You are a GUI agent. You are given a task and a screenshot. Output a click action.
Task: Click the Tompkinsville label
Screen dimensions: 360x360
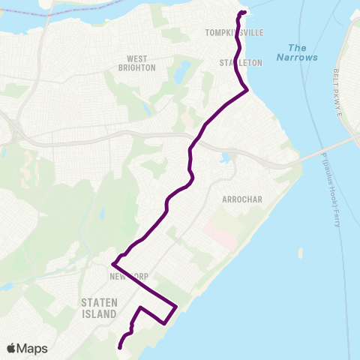point(231,33)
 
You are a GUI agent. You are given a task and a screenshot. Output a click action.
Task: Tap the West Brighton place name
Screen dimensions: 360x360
point(141,63)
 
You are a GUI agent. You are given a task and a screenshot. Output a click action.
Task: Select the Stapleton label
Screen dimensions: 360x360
point(241,63)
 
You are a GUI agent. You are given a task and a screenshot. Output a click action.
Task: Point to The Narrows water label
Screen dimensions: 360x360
point(297,52)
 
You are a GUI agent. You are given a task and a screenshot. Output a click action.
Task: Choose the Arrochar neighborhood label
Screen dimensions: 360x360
point(241,199)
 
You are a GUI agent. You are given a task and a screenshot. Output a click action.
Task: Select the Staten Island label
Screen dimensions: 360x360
point(99,308)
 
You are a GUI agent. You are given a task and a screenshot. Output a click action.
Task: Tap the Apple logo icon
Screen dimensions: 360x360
point(12,349)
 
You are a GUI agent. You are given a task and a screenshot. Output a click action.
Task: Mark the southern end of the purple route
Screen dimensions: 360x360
point(119,346)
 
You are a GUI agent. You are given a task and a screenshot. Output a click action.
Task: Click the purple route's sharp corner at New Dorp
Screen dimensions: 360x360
point(112,264)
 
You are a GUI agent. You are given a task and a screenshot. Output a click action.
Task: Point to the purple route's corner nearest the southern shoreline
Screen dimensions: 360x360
point(175,306)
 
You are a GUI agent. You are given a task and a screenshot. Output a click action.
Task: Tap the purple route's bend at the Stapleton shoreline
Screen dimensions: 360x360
point(247,89)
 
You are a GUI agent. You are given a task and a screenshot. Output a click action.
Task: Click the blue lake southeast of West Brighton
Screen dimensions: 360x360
point(182,73)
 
